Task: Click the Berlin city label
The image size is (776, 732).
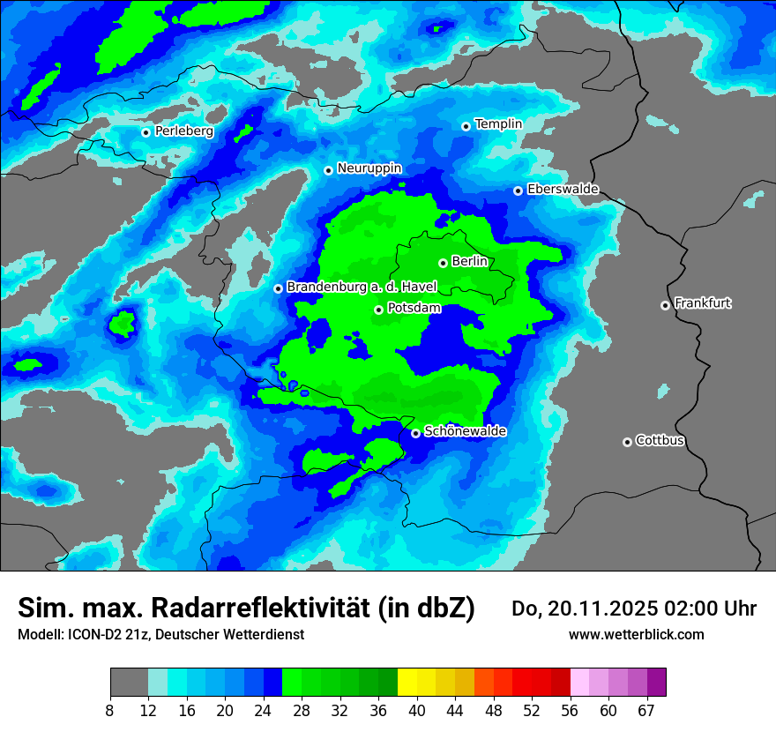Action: [x=469, y=261]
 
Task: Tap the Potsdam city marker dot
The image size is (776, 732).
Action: [x=378, y=310]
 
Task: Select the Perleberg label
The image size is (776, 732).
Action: [x=183, y=131]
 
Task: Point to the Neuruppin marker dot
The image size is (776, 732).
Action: [x=328, y=170]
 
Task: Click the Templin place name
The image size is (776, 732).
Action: [x=498, y=124]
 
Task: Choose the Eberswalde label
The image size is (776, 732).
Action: [x=563, y=189]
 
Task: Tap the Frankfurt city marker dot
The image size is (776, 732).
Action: [x=665, y=305]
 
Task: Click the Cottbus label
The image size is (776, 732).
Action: [x=660, y=440]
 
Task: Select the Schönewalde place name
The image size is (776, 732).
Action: [x=465, y=431]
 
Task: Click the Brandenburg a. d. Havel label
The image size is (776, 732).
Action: [x=362, y=288]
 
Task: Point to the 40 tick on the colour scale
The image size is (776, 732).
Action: [x=416, y=710]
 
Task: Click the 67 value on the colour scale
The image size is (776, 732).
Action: [x=647, y=710]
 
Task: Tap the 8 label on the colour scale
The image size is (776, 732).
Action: [x=110, y=710]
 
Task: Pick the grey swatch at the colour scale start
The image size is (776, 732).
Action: [x=129, y=683]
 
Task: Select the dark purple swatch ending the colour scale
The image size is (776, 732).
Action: [x=657, y=683]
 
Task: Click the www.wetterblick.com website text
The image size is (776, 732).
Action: [x=636, y=634]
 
